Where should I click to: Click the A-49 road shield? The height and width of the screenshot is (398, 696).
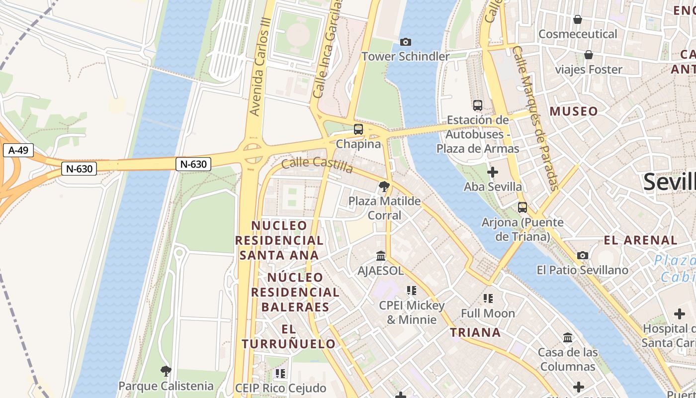click(x=18, y=150)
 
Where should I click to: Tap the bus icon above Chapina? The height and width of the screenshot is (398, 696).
click(x=358, y=129)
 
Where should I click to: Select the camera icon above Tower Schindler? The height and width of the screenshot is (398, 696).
click(x=406, y=42)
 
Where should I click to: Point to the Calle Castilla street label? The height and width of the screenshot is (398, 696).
click(x=317, y=165)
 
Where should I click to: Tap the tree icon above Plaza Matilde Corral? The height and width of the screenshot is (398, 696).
click(x=384, y=187)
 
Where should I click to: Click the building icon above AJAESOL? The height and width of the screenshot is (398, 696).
click(x=381, y=256)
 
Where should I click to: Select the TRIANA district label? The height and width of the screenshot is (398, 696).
click(x=475, y=332)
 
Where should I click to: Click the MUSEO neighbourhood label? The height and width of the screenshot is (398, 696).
click(x=573, y=111)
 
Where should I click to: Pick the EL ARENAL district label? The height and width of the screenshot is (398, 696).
click(x=640, y=240)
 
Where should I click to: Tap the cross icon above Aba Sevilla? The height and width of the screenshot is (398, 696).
click(x=492, y=173)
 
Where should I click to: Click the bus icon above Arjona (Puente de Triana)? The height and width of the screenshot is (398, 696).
click(x=522, y=207)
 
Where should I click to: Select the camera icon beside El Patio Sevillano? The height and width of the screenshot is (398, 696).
click(x=583, y=256)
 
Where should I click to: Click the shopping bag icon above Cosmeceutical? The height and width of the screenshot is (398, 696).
click(x=578, y=19)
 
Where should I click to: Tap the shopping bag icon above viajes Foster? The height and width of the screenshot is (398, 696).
click(x=589, y=55)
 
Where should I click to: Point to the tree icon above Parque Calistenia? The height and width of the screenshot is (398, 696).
click(x=166, y=371)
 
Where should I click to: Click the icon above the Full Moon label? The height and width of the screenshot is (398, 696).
click(x=488, y=298)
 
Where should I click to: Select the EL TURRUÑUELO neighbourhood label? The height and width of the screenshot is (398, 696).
click(x=289, y=336)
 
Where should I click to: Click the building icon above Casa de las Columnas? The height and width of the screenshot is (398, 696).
click(x=568, y=338)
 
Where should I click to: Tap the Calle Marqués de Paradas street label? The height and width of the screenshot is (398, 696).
click(x=537, y=118)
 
